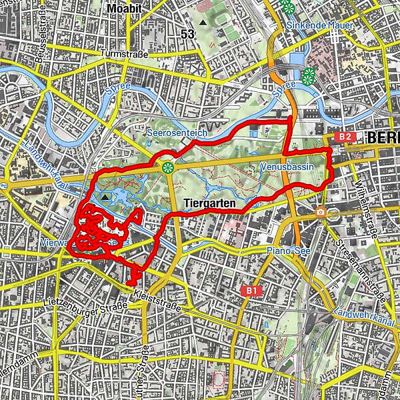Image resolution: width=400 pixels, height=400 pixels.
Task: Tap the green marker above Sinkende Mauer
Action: point(287,8)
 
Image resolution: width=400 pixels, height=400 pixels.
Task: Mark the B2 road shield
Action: point(344,137)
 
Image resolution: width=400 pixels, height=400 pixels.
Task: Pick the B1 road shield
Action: point(251,291)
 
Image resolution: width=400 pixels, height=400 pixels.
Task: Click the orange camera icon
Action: point(321,212)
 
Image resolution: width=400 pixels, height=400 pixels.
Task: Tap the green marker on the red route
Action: point(167,167)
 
